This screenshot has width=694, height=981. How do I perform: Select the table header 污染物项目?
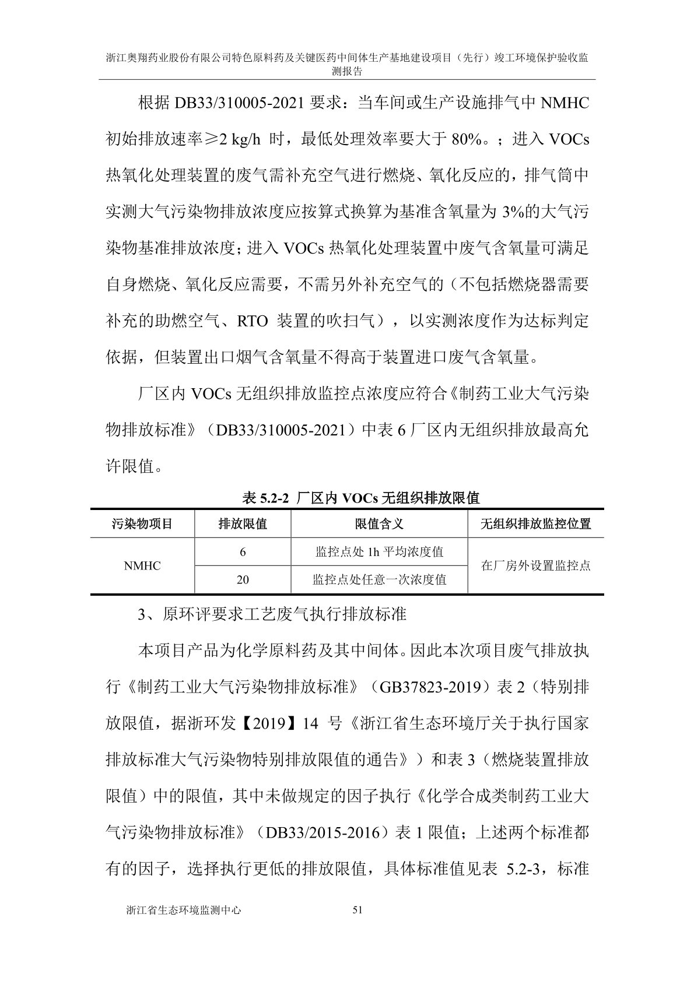coord(142,523)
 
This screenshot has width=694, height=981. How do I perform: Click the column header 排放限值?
coord(243,523)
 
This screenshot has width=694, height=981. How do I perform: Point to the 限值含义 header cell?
coord(379,523)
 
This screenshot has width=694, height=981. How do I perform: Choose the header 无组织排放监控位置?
coord(535,523)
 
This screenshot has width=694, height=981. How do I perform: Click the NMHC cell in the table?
coord(142,565)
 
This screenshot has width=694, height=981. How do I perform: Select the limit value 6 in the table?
coord(243,551)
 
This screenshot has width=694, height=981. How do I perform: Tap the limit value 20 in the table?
coord(243,579)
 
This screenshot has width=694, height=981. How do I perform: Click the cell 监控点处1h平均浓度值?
coord(379,551)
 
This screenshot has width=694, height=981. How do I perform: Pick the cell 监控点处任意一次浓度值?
coord(379,579)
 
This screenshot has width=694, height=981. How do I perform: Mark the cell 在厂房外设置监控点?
coord(535,565)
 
